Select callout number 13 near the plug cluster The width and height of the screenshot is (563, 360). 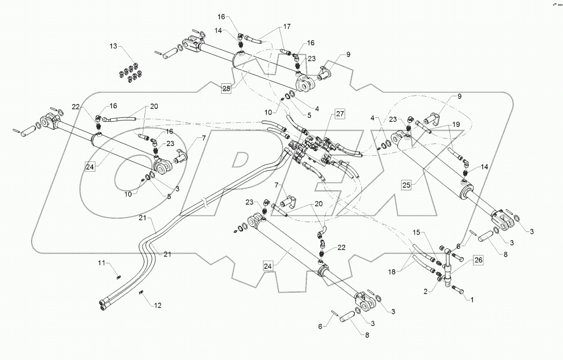113,47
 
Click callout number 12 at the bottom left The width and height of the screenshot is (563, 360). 157,305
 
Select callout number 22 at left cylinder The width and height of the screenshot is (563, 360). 76,106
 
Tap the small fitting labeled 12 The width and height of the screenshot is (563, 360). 141,293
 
